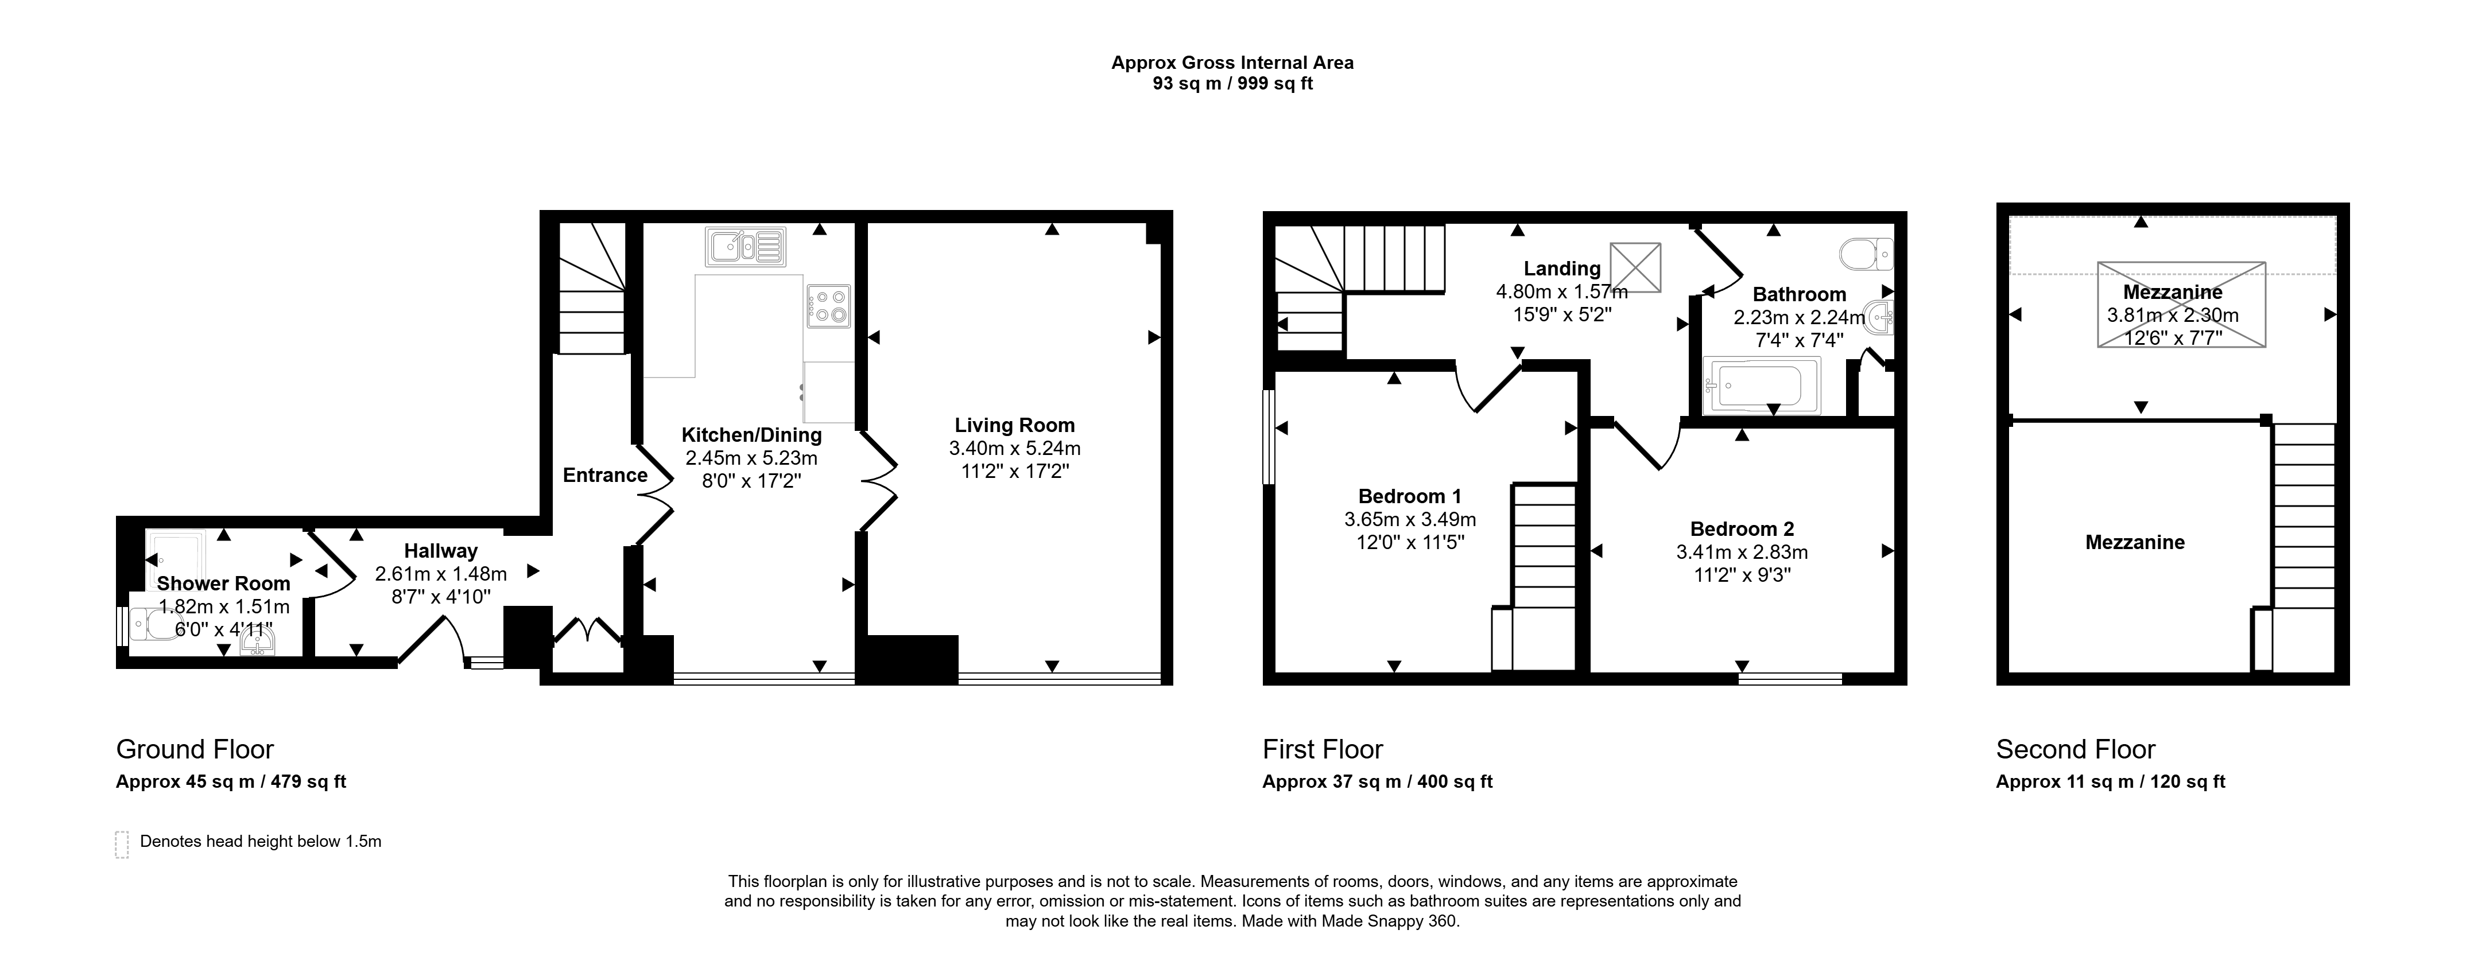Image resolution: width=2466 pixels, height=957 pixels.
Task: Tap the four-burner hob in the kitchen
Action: point(828,306)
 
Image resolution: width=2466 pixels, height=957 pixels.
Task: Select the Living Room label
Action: point(1015,425)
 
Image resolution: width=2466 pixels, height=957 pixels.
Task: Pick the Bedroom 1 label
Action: point(1410,496)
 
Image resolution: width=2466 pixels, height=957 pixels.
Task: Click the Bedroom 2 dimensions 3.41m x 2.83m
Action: point(1742,552)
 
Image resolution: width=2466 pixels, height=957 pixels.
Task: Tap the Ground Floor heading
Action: point(195,749)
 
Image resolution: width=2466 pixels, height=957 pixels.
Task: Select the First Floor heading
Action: point(1323,749)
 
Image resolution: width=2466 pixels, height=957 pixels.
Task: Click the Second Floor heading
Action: point(2076,749)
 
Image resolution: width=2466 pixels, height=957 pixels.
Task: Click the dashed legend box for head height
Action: point(122,844)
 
